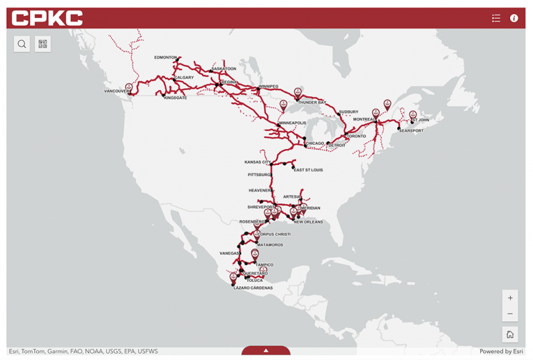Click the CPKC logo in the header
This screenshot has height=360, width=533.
click(47, 18)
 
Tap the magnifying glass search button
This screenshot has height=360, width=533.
click(22, 44)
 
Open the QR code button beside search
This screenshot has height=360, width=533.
click(43, 44)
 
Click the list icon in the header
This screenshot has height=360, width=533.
click(496, 18)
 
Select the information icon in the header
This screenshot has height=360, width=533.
click(514, 18)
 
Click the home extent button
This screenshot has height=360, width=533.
click(510, 334)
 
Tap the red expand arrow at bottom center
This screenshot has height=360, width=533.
click(266, 351)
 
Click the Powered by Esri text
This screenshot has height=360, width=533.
click(501, 352)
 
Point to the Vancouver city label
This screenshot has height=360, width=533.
click(117, 91)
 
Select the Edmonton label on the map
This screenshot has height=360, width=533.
click(166, 58)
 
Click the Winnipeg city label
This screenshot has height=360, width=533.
click(269, 87)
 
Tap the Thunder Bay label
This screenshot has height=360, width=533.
click(312, 103)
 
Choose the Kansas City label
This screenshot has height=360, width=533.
click(257, 162)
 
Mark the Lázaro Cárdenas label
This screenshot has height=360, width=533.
click(253, 288)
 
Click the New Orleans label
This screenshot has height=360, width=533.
click(308, 222)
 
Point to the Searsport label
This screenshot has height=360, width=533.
click(411, 130)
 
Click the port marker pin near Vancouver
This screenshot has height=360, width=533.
click(129, 88)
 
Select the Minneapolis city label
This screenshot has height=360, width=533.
click(292, 123)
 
